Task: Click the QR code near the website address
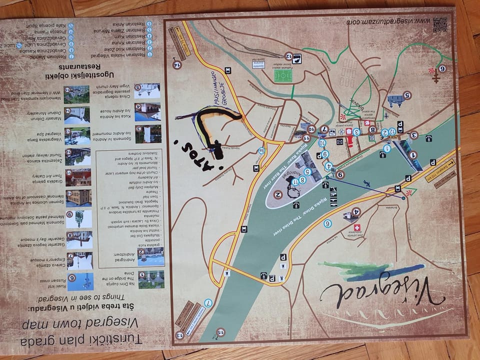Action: [x=440, y=24]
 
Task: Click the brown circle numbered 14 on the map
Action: [x=176, y=64]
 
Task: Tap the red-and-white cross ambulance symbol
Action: [x=356, y=228]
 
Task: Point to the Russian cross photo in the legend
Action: [x=80, y=281]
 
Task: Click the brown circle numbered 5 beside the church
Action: [x=407, y=95]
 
